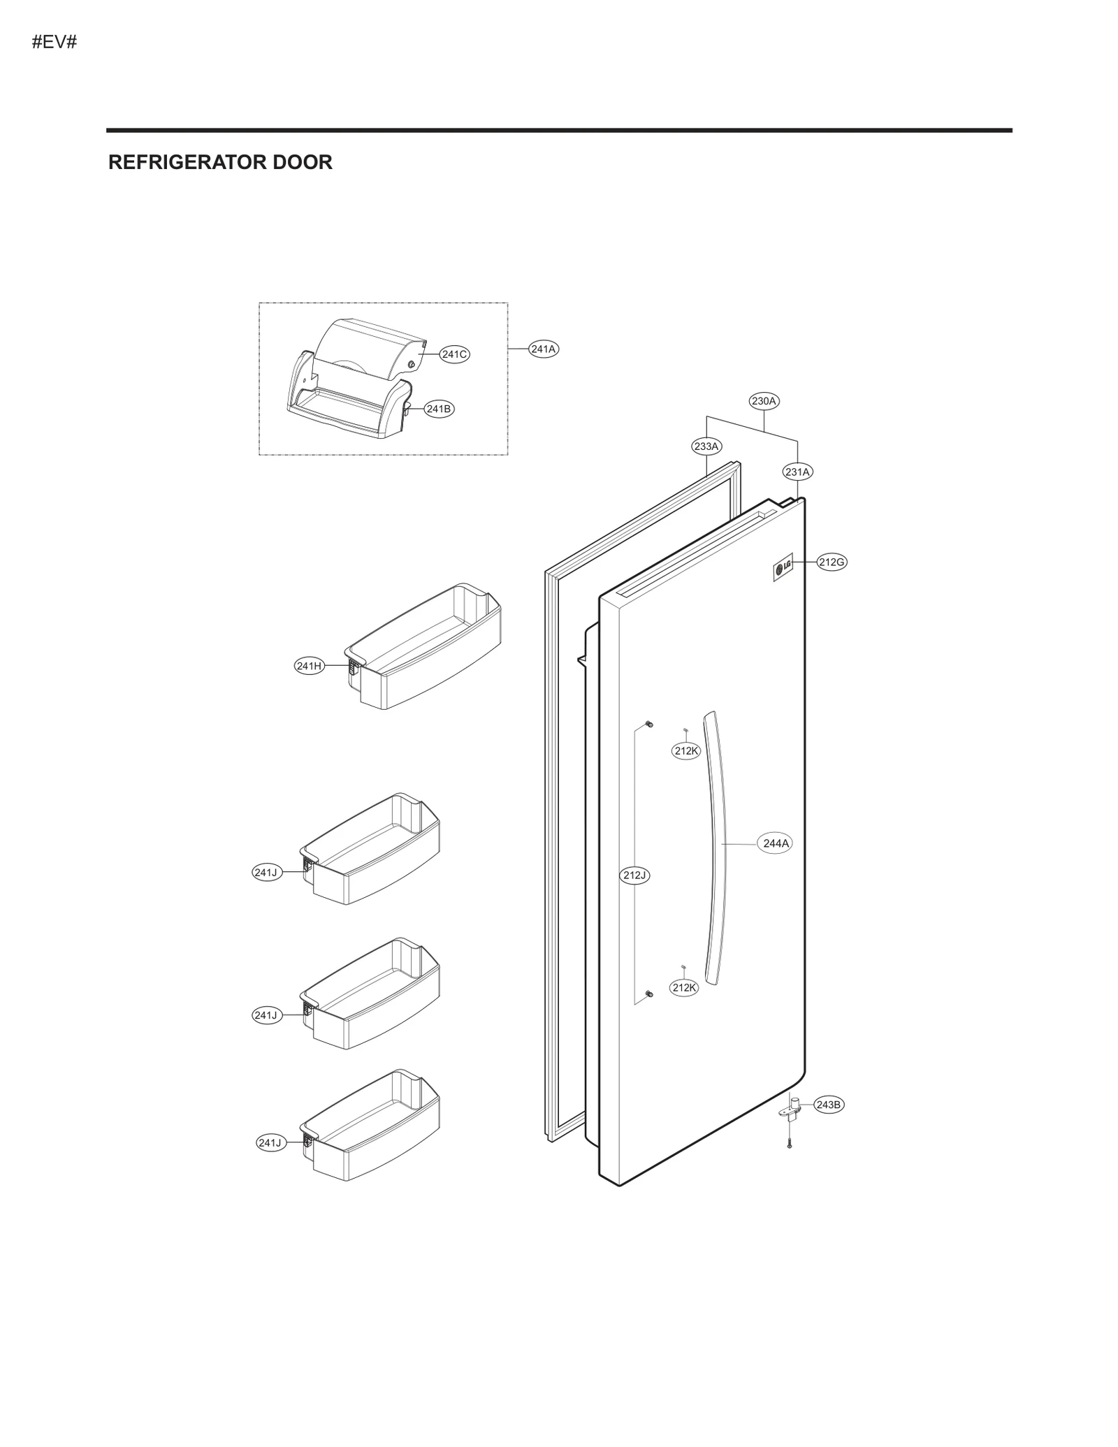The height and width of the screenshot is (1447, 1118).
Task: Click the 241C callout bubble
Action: coord(454,354)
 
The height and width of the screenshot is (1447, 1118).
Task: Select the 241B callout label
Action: coord(439,409)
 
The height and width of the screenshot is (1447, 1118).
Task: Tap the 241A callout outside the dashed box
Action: coord(544,349)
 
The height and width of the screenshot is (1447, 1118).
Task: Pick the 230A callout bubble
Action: coord(764,401)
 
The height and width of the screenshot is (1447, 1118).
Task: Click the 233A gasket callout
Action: coord(706,446)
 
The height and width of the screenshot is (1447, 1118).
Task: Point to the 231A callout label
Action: coord(797,472)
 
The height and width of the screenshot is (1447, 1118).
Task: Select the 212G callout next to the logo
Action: coord(832,562)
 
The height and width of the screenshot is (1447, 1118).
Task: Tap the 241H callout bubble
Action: coord(309,666)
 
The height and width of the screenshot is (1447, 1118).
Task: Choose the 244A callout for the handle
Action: coord(776,843)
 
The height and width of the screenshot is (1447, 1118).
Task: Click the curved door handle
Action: coord(717,845)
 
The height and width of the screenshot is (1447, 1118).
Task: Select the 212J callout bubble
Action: coord(635,875)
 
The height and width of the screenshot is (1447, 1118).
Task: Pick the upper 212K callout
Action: coord(686,750)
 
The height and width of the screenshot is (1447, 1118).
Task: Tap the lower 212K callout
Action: coord(684,987)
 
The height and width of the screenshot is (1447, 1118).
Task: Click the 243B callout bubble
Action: coord(829,1105)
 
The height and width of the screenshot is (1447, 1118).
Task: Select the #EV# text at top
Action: coord(55,42)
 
